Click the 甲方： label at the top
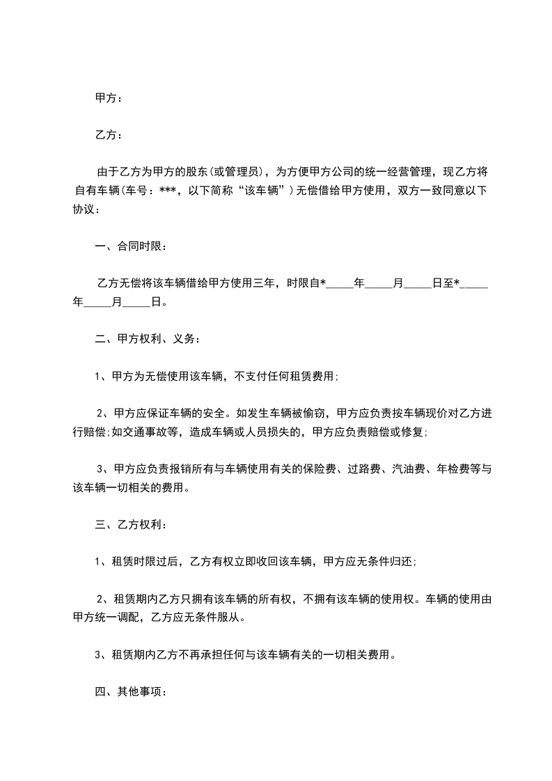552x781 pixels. tap(109, 99)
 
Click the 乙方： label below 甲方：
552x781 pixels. tap(109, 134)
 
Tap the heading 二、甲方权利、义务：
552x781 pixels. tap(147, 340)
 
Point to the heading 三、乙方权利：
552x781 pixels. tap(131, 524)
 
